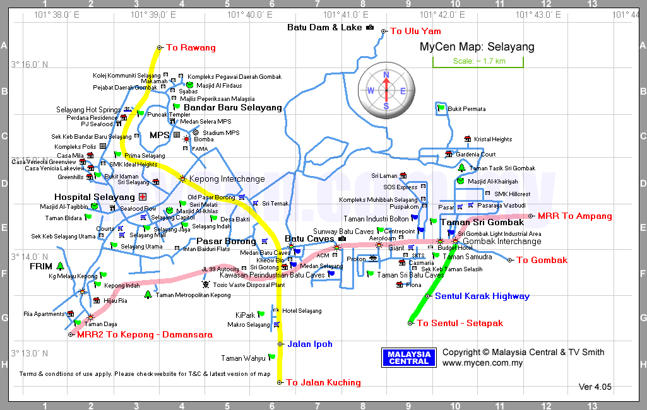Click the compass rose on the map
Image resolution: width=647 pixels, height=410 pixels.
[386, 90]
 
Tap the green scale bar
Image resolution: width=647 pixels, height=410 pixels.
[478, 61]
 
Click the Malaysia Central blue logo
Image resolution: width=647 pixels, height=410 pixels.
[409, 358]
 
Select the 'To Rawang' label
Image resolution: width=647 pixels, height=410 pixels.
[191, 47]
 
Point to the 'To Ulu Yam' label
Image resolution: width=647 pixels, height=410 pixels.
[415, 31]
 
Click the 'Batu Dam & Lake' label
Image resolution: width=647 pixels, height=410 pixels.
[324, 27]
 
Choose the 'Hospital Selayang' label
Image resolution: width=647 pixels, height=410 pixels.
[95, 197]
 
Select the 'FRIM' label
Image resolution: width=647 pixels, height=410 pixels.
[40, 266]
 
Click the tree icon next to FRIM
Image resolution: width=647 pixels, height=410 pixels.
[61, 266]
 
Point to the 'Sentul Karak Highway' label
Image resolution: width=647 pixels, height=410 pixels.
[482, 296]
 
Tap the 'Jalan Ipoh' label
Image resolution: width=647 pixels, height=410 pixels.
[309, 344]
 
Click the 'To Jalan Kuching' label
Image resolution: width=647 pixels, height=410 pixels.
[323, 382]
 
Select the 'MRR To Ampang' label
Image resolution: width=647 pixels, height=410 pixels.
[575, 216]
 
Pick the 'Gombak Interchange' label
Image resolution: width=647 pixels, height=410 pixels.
[502, 241]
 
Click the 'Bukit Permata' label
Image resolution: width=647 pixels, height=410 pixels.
[467, 109]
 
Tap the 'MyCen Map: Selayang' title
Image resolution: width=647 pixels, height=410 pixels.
[477, 47]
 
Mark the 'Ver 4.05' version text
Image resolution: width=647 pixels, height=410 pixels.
[595, 387]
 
